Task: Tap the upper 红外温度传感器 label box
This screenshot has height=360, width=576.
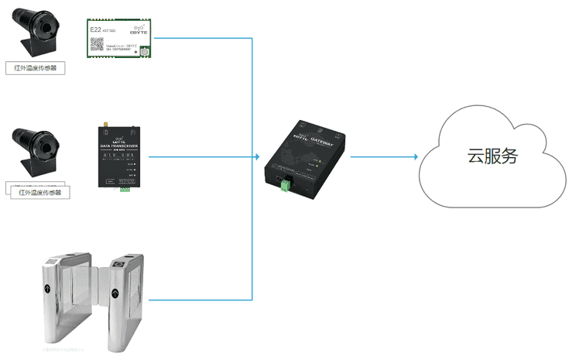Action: [36, 67]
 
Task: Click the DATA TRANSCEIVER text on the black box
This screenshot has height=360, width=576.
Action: [118, 146]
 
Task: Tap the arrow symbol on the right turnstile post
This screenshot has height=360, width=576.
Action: [115, 293]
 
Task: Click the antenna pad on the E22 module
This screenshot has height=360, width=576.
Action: [144, 51]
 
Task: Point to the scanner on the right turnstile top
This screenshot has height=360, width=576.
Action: [120, 263]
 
